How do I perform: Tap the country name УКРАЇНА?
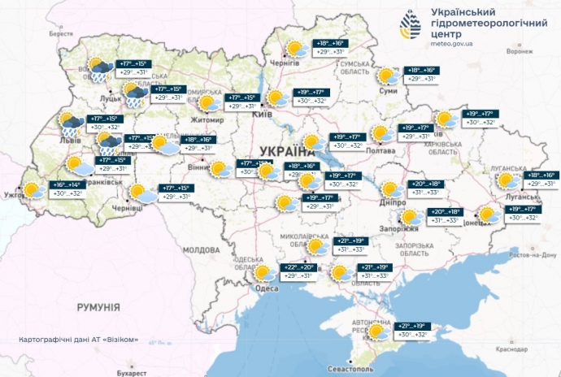(x=289, y=151)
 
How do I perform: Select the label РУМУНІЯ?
(x=98, y=307)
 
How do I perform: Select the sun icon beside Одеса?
(x=262, y=271)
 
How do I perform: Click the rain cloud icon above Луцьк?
(x=99, y=69)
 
